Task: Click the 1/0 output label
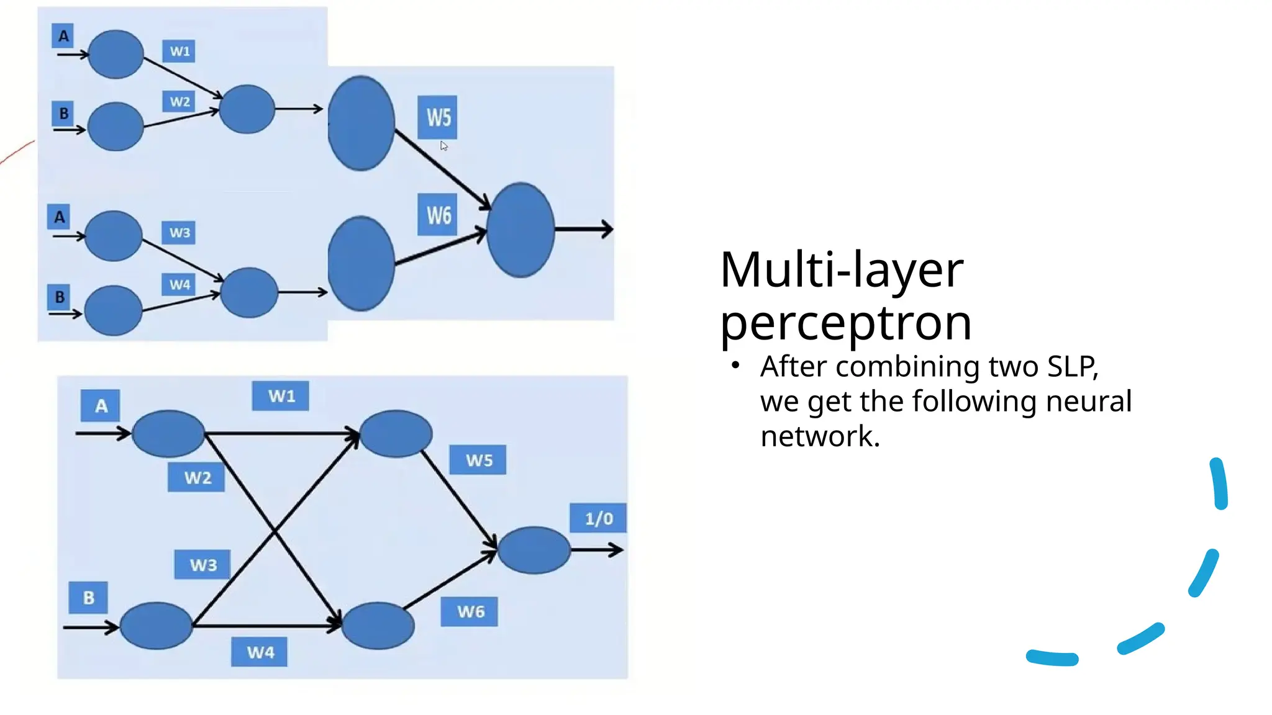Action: coord(597,518)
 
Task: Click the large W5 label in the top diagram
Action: coord(438,117)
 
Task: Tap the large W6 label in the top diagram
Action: coord(438,215)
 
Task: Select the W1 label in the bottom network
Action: coord(280,396)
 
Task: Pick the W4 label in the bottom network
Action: coord(260,652)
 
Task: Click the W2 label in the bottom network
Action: coord(196,477)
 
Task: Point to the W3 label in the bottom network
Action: coord(202,565)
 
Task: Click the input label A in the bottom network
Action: coord(100,407)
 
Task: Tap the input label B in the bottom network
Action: coord(88,598)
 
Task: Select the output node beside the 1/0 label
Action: coord(534,550)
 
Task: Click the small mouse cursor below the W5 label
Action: coord(443,146)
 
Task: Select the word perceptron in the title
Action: coord(845,323)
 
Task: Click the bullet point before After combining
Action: coord(735,366)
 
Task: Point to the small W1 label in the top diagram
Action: coord(179,51)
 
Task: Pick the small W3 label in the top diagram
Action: coord(179,233)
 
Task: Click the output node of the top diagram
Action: coord(520,230)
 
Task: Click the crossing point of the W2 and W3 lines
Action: coord(275,531)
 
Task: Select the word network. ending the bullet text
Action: coord(820,436)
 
